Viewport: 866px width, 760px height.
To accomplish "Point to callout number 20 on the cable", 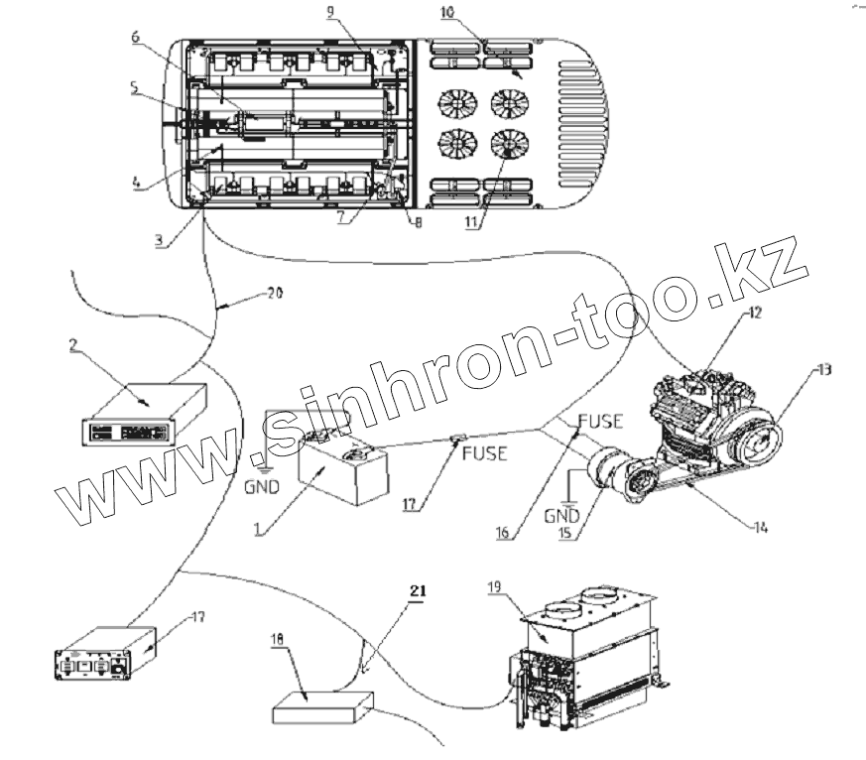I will click(276, 295).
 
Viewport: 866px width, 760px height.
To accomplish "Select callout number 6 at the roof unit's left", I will click(134, 37).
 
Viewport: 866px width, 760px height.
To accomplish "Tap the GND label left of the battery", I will click(263, 487).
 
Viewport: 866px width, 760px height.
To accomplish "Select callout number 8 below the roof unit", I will click(418, 223).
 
